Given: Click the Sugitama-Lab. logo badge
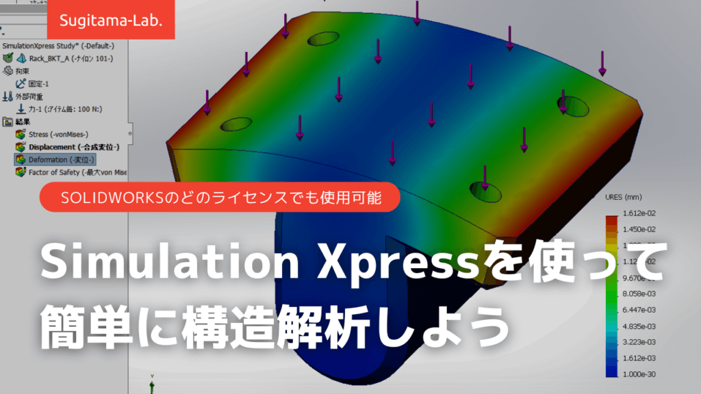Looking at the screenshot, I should tap(111, 20).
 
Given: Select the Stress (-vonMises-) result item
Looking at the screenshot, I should tap(59, 134).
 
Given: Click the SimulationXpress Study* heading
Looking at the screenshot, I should tap(58, 46).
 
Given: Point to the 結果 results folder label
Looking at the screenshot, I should tap(23, 122).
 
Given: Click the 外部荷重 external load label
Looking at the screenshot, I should tap(31, 96).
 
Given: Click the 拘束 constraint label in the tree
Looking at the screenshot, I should tap(23, 71).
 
